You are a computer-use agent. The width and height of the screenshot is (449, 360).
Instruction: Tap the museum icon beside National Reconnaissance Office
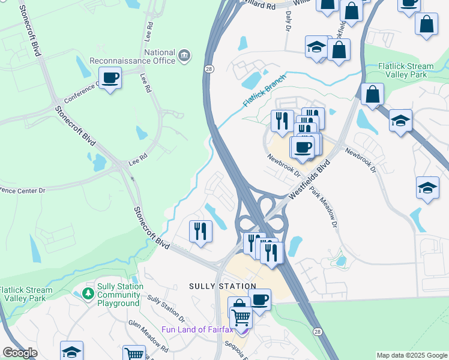185,56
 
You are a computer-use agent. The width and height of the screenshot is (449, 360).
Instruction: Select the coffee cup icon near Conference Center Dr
110,78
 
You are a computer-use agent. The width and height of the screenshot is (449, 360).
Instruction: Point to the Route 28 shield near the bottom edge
317,331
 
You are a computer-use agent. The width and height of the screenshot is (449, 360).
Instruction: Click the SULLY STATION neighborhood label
223,286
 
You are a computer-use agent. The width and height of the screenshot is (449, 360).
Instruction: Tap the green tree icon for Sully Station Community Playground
88,293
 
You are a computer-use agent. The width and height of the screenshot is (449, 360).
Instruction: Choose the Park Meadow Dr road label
322,207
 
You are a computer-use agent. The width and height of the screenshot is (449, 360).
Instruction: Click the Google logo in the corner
20,353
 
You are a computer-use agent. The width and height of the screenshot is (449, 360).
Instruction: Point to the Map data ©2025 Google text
412,355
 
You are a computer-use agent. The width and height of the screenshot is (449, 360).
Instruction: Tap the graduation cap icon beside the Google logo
71,352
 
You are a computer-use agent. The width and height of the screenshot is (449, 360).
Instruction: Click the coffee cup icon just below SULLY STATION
259,301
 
